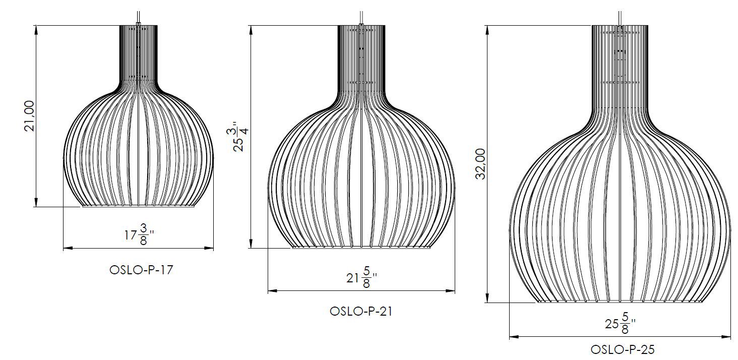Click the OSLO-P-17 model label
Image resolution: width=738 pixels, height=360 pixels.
[x=141, y=270]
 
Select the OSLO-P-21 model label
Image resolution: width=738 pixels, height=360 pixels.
[x=361, y=311]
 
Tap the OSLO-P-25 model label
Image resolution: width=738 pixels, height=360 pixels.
[x=623, y=349]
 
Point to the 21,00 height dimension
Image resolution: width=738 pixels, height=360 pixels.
[x=29, y=116]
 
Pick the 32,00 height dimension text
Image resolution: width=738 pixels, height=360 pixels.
[x=480, y=164]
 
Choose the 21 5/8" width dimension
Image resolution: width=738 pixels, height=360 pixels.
[x=361, y=277]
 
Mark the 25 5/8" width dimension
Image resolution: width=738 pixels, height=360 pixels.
[x=620, y=323]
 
